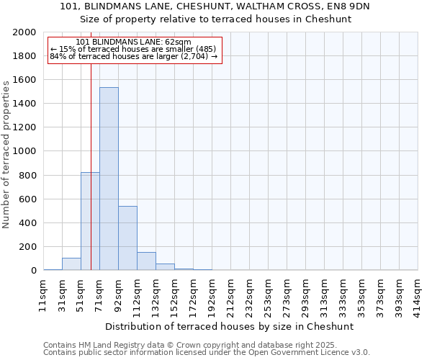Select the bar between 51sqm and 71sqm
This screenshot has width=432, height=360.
tap(90, 221)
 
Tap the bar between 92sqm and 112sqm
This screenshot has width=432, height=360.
tap(127, 238)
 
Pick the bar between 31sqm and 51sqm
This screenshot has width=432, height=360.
tap(71, 264)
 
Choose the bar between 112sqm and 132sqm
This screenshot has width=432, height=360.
tap(146, 261)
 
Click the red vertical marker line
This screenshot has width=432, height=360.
tap(91, 144)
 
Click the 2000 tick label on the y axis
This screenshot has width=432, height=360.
tap(25, 32)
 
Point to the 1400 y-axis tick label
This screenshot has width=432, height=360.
tap(25, 104)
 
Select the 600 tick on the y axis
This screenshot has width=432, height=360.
tap(28, 199)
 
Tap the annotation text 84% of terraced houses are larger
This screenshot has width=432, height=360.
tap(133, 57)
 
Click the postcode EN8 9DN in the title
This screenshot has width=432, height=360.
tap(367, 6)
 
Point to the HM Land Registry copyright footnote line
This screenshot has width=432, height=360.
tap(205, 345)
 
